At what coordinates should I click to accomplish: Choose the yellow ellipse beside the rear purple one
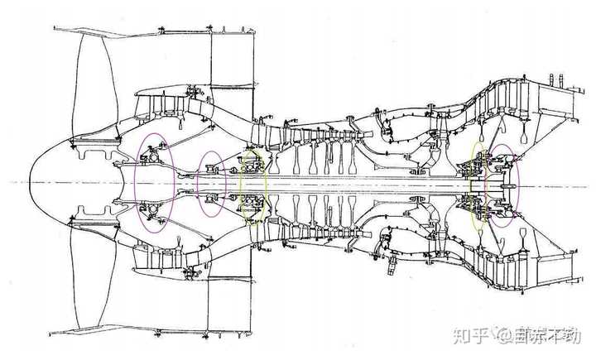click(x=478, y=185)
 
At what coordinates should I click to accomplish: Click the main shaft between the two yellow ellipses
click(x=364, y=183)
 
